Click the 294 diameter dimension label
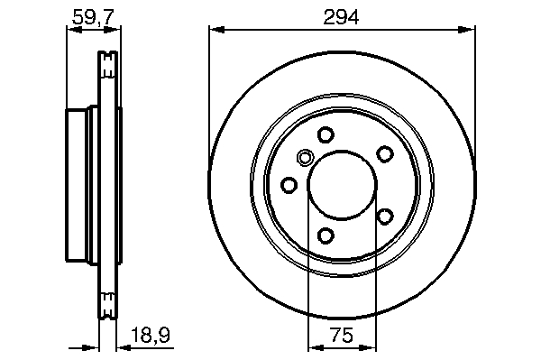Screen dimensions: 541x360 tap(341, 17)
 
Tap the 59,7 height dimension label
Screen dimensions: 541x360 tap(93, 17)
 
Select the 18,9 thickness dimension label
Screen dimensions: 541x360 tap(151, 335)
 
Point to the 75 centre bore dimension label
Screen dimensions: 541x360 tap(342, 335)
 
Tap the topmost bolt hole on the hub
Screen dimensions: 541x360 tap(326, 134)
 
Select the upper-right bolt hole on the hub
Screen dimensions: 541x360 tap(385, 153)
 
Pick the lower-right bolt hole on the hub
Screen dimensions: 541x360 tap(385, 217)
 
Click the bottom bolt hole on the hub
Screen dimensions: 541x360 tap(326, 235)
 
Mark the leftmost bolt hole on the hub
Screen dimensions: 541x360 tap(289, 185)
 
